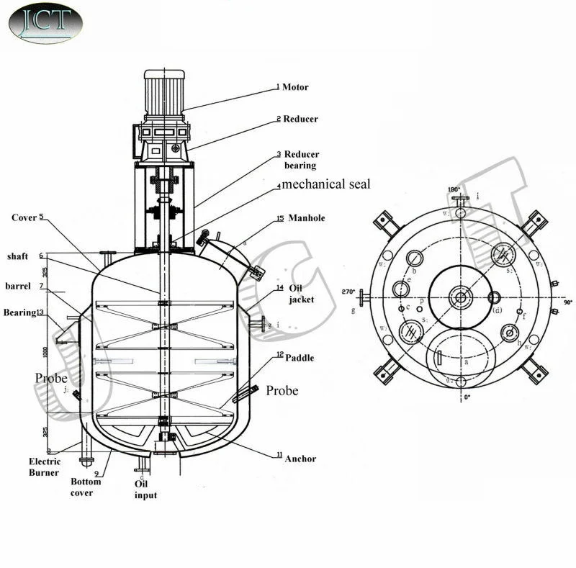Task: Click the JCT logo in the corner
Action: pyautogui.click(x=45, y=22)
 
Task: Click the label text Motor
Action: pyautogui.click(x=295, y=87)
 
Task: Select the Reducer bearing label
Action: pyautogui.click(x=301, y=160)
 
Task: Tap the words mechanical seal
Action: pyautogui.click(x=326, y=184)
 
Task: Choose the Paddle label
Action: pyautogui.click(x=300, y=358)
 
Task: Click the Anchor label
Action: pyautogui.click(x=300, y=459)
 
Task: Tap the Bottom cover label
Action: pyautogui.click(x=86, y=487)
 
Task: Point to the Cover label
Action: pyautogui.click(x=24, y=217)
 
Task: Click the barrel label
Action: pyautogui.click(x=17, y=286)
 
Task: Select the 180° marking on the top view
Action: pyautogui.click(x=454, y=189)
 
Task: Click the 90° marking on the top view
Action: pyautogui.click(x=567, y=302)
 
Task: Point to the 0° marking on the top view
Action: pyautogui.click(x=456, y=397)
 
